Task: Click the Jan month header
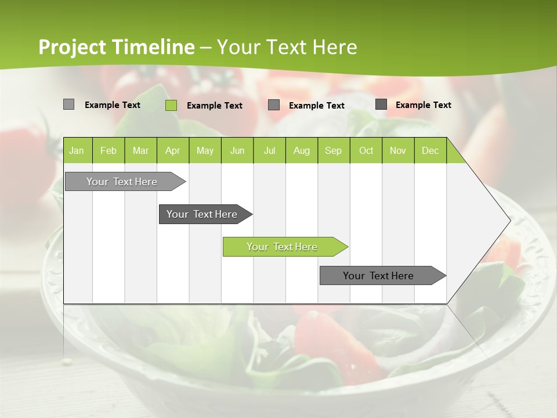(x=77, y=150)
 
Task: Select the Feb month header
(x=108, y=150)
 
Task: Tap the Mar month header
(x=140, y=150)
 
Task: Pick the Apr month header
(x=173, y=150)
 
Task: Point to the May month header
(x=205, y=150)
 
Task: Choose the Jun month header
(x=237, y=150)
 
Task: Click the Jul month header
(x=270, y=150)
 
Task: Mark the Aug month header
(x=302, y=150)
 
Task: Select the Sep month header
(x=334, y=150)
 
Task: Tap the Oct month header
(x=366, y=150)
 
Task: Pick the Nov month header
(x=398, y=150)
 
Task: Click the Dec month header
(x=431, y=150)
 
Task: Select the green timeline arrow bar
(x=284, y=247)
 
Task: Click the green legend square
(x=171, y=105)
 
